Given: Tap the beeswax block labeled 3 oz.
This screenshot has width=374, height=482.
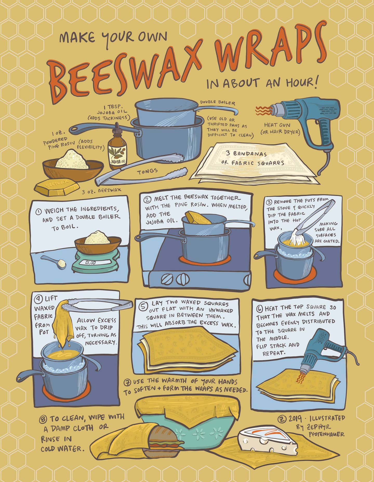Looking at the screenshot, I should tap(57, 188).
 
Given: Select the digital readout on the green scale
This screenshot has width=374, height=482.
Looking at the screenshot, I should tap(91, 263).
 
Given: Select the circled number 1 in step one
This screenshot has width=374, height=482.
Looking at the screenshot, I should tap(39, 212).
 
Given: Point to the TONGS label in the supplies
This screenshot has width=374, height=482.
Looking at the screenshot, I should tap(147, 171).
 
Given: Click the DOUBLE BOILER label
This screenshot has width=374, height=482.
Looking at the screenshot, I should tap(217, 102).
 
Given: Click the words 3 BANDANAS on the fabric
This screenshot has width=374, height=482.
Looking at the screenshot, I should tap(246, 153).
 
